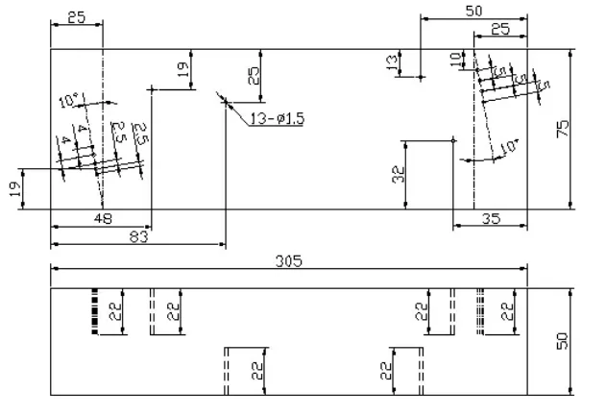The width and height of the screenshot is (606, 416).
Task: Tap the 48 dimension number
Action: click(x=103, y=218)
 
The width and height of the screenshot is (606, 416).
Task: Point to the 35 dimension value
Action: click(x=490, y=218)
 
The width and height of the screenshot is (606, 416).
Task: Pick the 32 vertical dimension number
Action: click(x=398, y=174)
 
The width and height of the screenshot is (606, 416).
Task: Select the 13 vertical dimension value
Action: click(x=392, y=63)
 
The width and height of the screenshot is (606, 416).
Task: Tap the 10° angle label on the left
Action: click(x=68, y=100)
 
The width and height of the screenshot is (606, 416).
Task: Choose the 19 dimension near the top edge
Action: click(x=183, y=70)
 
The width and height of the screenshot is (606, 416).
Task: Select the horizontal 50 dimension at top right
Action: click(x=473, y=11)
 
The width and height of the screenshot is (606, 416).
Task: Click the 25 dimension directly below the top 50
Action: click(x=500, y=30)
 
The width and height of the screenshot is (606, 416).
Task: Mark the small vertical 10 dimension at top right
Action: click(x=455, y=59)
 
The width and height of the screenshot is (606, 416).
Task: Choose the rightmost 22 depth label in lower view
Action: click(x=507, y=311)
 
